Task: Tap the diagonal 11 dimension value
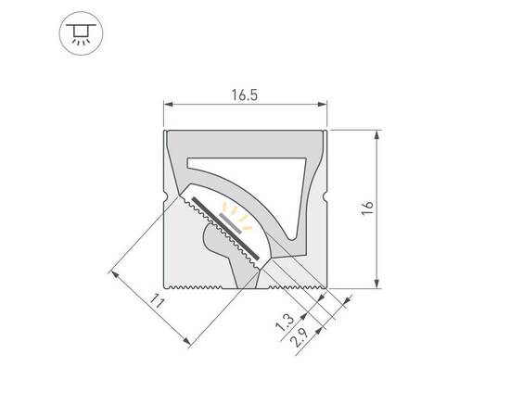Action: [x=157, y=302]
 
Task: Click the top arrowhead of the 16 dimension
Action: [x=376, y=135]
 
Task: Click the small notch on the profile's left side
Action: [x=164, y=196]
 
